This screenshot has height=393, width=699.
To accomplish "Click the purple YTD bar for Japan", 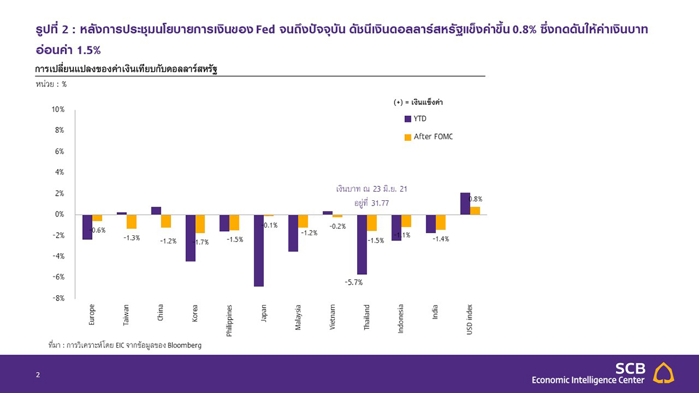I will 259,250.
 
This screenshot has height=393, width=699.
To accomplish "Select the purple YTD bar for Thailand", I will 362,245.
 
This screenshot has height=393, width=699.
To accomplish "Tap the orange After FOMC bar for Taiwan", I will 132,221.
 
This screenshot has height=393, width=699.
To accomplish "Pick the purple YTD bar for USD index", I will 465,204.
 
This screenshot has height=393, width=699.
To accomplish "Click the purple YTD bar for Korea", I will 190,238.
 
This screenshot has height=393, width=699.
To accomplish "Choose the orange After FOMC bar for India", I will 440,222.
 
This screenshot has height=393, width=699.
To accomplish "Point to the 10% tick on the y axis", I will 57,110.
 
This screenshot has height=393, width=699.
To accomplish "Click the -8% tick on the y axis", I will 57,298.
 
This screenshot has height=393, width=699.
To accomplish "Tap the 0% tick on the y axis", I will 59,214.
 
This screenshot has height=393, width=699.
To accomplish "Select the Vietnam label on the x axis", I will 333,317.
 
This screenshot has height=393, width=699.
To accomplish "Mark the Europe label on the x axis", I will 92,314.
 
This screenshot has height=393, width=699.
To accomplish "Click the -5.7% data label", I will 354,282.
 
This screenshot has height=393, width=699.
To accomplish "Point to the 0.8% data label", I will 475,199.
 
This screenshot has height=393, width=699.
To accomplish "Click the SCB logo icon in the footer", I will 665,373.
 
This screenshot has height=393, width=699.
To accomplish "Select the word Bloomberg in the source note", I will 184,345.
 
